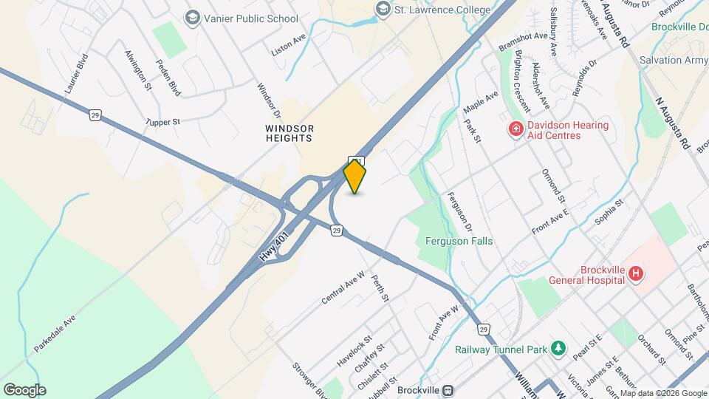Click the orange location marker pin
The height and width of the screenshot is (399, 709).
pyautogui.click(x=355, y=176)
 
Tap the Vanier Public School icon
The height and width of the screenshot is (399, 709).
pyautogui.click(x=193, y=18)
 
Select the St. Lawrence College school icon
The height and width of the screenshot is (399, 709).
pyautogui.click(x=383, y=9)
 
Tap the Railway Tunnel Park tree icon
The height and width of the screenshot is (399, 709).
pyautogui.click(x=560, y=347)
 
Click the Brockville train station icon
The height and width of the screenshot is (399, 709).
pyautogui.click(x=449, y=389)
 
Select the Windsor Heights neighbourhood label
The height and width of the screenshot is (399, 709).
pyautogui.click(x=290, y=133)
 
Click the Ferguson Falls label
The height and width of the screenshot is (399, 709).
pyautogui.click(x=459, y=241)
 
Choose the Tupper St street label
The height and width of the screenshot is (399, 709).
pyautogui.click(x=162, y=121)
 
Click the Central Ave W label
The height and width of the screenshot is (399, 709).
pyautogui.click(x=343, y=287)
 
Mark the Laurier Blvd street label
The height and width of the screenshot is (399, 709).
pyautogui.click(x=77, y=73)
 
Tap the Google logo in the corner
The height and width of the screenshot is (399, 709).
pyautogui.click(x=24, y=390)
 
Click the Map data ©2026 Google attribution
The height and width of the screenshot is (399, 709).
pyautogui.click(x=663, y=393)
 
